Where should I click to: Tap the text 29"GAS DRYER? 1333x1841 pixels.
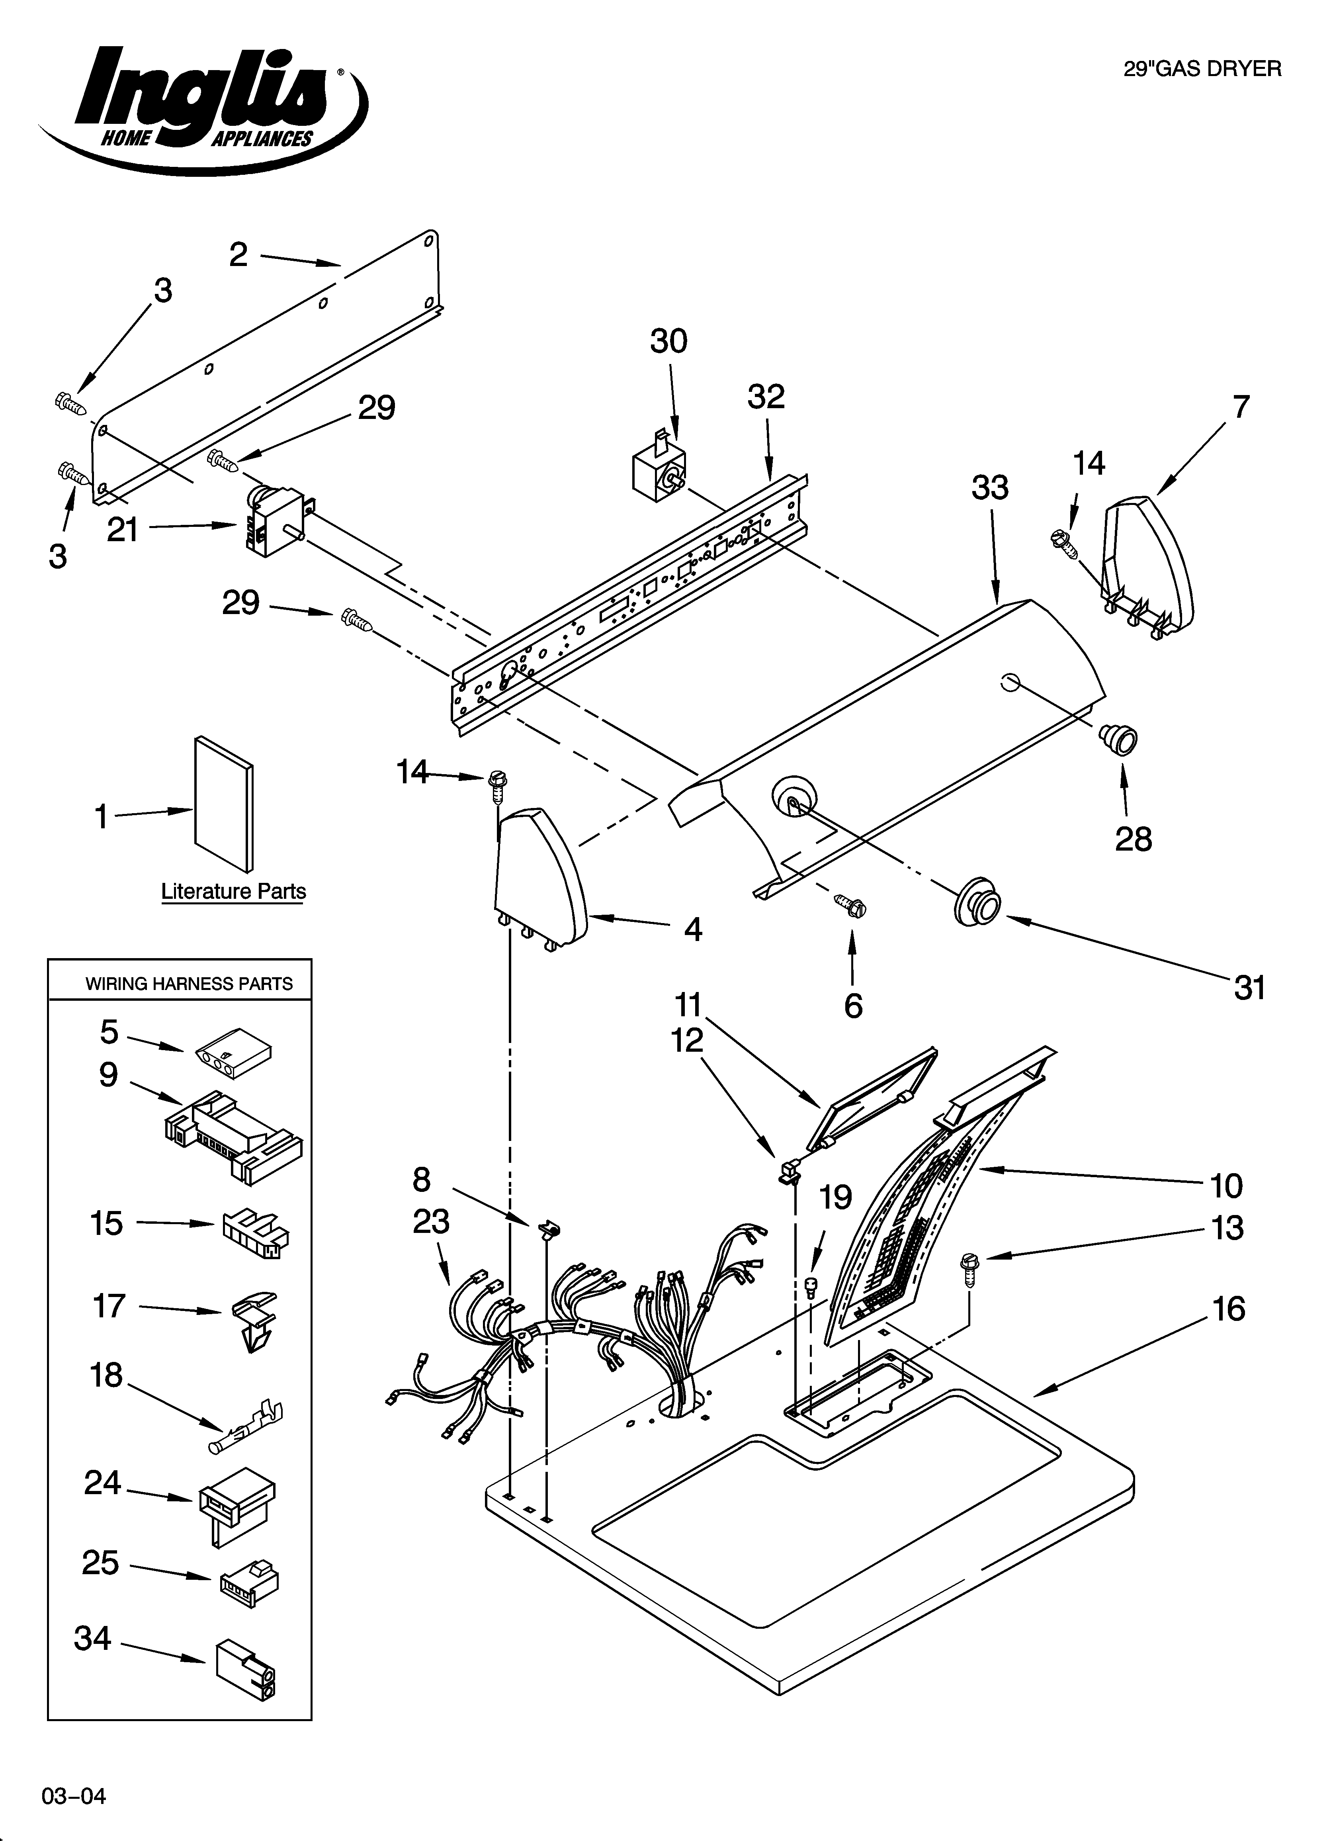[x=1202, y=69]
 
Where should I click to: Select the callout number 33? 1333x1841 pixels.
[x=990, y=488]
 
